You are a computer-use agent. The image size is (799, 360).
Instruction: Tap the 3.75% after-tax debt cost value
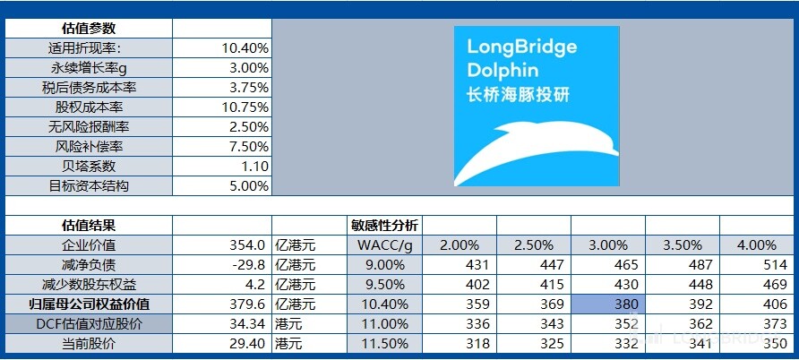[x=245, y=88]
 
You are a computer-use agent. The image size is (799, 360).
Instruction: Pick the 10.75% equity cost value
[x=245, y=107]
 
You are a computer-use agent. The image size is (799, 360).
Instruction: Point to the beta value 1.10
[x=254, y=167]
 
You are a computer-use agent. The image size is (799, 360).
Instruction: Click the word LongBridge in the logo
[x=521, y=47]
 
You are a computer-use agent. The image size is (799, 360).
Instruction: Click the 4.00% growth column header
[x=757, y=245]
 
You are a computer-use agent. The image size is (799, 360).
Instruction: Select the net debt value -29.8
[x=247, y=265]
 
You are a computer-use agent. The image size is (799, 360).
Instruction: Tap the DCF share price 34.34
[x=247, y=323]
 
